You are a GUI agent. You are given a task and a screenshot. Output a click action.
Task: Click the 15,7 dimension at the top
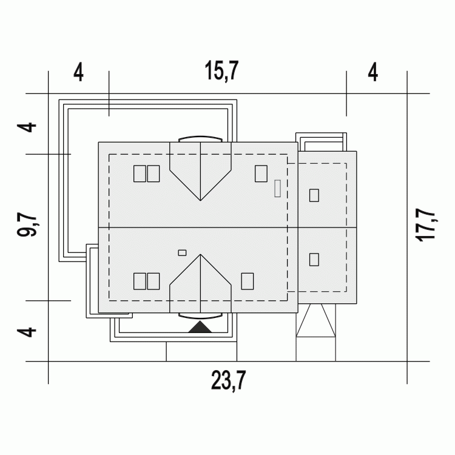tap(221, 70)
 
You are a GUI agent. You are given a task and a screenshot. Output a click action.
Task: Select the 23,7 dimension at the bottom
tap(228, 380)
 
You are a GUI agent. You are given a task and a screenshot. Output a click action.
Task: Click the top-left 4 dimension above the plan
tap(78, 73)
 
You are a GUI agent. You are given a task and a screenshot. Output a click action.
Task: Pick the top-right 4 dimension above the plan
tap(373, 73)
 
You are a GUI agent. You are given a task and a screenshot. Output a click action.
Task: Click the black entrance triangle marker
tap(200, 326)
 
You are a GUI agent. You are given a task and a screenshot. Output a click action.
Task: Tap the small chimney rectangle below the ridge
tap(182, 253)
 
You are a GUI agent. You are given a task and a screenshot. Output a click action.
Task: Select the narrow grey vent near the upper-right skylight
tap(277, 188)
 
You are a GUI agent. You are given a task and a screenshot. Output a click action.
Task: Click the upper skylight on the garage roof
tap(314, 195)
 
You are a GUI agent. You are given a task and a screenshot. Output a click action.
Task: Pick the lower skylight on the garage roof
tap(314, 260)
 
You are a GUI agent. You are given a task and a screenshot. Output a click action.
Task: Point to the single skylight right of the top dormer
tap(261, 174)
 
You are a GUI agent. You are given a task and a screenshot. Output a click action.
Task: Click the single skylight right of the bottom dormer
tap(248, 281)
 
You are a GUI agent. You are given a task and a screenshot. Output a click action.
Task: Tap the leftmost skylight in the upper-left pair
tap(140, 174)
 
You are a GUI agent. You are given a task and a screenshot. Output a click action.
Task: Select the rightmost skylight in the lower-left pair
tap(153, 281)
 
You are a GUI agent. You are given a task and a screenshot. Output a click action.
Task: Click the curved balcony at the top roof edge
tap(201, 139)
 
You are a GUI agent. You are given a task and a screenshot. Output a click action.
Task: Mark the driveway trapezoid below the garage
tap(315, 320)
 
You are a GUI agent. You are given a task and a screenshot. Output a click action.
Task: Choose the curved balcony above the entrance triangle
tap(201, 316)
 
